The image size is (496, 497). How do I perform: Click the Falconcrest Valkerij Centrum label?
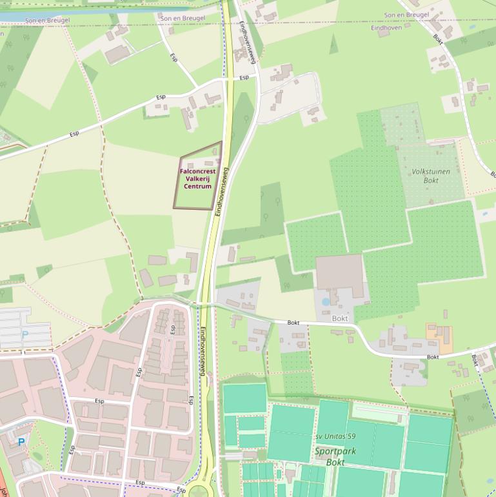[x=197, y=179]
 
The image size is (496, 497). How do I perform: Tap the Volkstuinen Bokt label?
[x=431, y=176]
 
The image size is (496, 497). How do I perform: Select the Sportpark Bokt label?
[x=335, y=456]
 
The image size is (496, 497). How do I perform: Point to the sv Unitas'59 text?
[x=335, y=437]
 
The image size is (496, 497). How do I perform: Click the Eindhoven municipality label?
[x=386, y=28]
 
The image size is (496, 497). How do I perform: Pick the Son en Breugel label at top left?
[x=47, y=21]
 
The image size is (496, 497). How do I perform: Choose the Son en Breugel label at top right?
[x=406, y=15]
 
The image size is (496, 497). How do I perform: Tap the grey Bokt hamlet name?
[x=340, y=318]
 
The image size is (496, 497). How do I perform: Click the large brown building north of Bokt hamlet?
[x=339, y=272]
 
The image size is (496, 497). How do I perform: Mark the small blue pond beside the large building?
[x=325, y=301]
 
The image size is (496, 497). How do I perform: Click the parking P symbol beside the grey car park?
[x=25, y=334]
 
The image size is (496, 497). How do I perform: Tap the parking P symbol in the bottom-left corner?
[x=21, y=442]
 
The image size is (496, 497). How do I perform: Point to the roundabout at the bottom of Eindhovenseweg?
[x=199, y=491]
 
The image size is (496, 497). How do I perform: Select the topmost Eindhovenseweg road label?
[x=248, y=42]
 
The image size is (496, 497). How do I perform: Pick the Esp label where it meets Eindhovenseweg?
[x=244, y=78]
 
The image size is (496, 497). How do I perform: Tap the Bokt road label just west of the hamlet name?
[x=293, y=322]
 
